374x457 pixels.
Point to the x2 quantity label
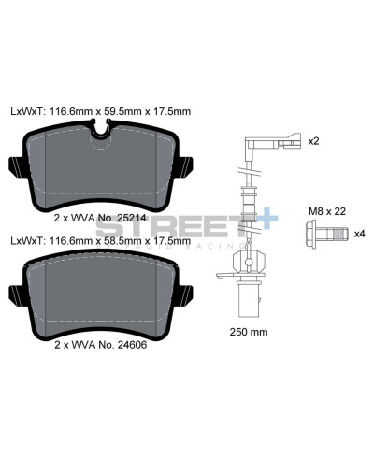coord(314,141)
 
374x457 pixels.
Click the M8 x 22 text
coord(328,211)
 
